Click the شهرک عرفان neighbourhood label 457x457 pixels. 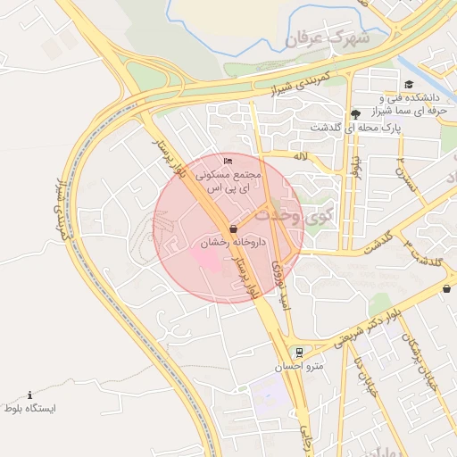(x=326, y=39)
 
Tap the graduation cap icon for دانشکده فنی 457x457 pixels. (x=409, y=85)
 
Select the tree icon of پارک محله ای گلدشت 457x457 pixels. (x=356, y=113)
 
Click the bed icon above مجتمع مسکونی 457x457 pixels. (x=227, y=161)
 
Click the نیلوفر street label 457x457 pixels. (x=356, y=166)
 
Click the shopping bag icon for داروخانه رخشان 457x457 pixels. (x=233, y=228)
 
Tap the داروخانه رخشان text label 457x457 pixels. (x=220, y=242)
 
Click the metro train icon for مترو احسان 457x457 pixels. (x=298, y=352)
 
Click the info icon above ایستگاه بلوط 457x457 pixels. (x=29, y=395)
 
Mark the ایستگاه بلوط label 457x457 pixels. (x=30, y=409)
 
